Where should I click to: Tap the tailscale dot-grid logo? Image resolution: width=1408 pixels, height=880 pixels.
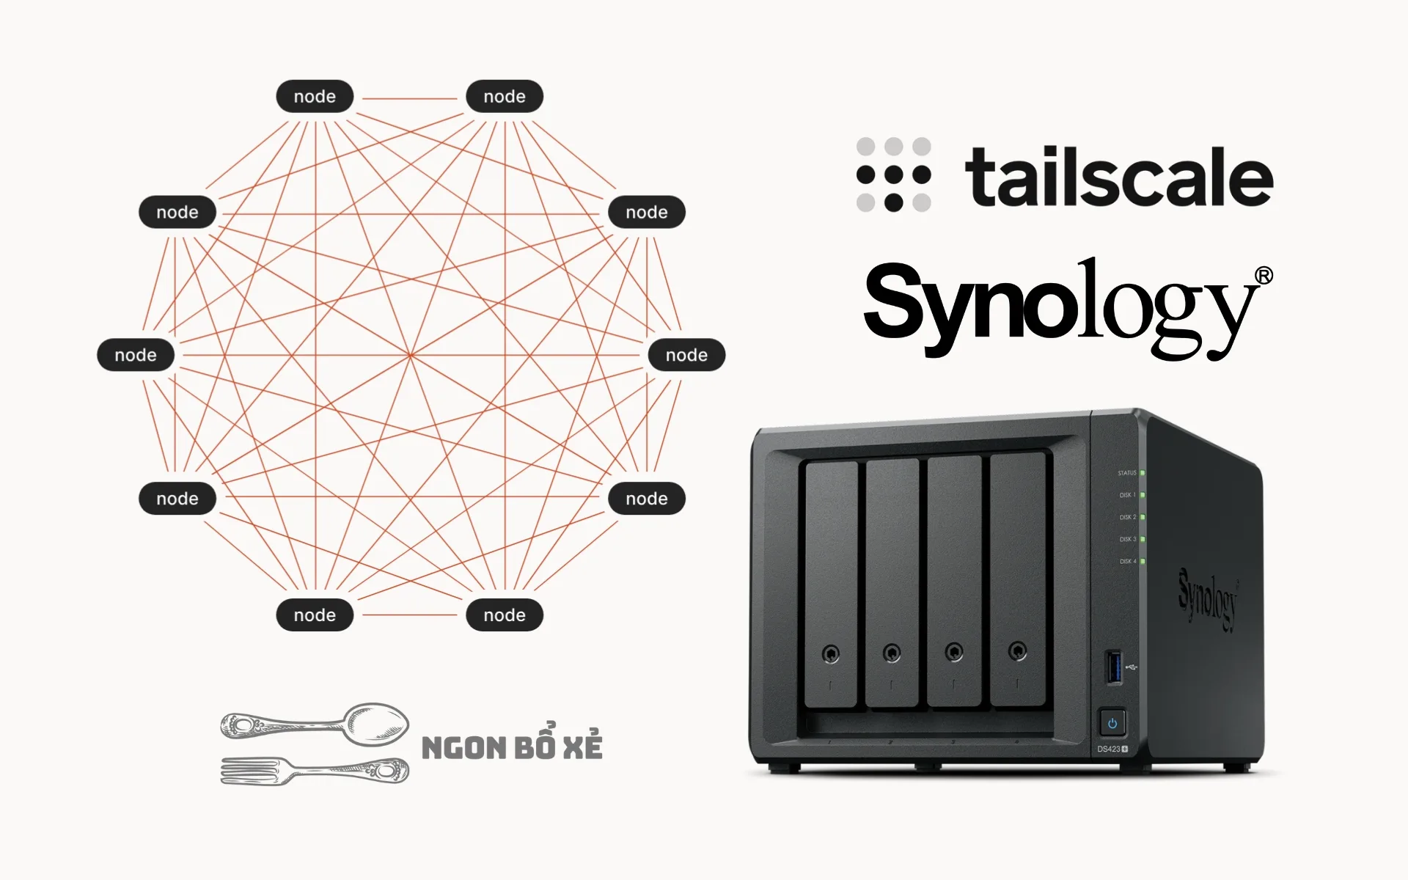893,175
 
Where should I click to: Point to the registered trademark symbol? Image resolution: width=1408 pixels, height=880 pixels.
1264,276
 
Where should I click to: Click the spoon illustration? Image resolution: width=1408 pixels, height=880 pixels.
315,724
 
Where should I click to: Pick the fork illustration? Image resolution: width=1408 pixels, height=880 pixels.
315,770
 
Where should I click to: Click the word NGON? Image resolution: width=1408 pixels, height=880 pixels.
463,749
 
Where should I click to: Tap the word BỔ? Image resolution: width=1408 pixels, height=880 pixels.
534,746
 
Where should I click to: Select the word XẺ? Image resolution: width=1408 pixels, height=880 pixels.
583,746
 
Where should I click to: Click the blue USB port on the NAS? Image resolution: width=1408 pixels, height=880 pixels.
1113,667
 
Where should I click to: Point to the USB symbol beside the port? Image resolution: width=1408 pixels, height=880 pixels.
1132,667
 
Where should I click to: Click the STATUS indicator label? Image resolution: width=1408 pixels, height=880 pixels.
1126,473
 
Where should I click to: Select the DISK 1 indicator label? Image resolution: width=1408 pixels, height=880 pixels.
1127,495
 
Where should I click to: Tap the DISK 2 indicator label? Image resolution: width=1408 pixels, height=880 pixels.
1127,517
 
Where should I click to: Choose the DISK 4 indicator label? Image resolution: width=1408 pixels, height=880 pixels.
1127,561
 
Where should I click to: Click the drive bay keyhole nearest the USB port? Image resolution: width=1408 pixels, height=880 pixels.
1017,650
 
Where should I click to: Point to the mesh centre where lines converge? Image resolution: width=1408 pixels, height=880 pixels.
411,355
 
